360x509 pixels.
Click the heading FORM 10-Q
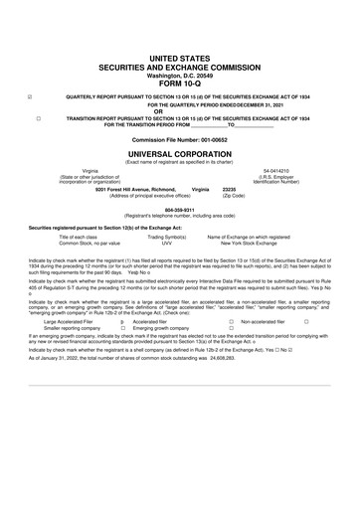tap(179, 55)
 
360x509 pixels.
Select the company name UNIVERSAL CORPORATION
tap(179, 157)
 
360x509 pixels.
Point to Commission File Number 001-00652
tap(179, 140)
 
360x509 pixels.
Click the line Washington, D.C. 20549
tap(179, 46)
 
